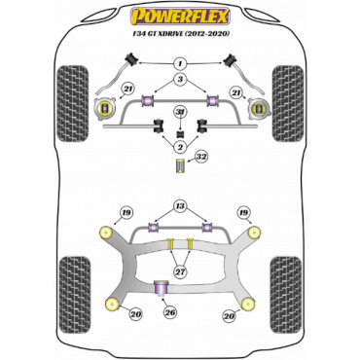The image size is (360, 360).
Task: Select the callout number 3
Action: coord(179,79)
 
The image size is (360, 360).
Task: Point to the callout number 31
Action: coord(179,112)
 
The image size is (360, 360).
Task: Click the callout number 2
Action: coord(179,146)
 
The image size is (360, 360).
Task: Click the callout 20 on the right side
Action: coord(229,314)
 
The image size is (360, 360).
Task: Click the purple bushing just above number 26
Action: coord(164,287)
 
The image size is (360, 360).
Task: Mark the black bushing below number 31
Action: coord(179,131)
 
